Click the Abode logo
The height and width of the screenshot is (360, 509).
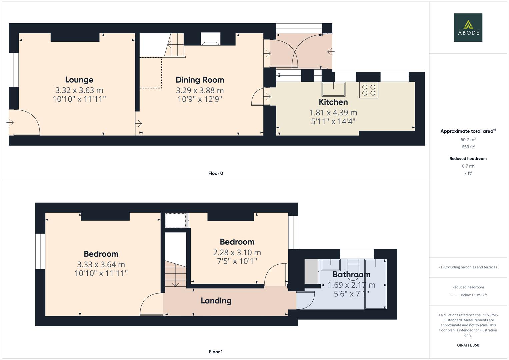[468, 27]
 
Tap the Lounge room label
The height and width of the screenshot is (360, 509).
[79, 80]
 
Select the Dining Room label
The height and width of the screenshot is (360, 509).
[200, 80]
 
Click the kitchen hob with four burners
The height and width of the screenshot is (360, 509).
[369, 90]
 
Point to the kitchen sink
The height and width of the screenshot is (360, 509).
[333, 89]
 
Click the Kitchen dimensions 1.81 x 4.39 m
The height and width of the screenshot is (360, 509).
[333, 113]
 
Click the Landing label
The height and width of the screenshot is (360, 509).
[216, 301]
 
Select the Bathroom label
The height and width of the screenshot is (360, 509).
[351, 274]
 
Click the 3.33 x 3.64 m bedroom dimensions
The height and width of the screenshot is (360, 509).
[101, 265]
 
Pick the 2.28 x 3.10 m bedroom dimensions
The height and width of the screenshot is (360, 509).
[237, 253]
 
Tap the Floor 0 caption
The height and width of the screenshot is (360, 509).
[216, 173]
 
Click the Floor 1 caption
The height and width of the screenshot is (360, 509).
[216, 352]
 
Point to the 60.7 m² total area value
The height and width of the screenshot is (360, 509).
[468, 140]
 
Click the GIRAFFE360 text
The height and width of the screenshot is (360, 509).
[468, 345]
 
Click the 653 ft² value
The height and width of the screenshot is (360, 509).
[468, 147]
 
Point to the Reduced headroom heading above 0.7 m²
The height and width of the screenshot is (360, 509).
[468, 159]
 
